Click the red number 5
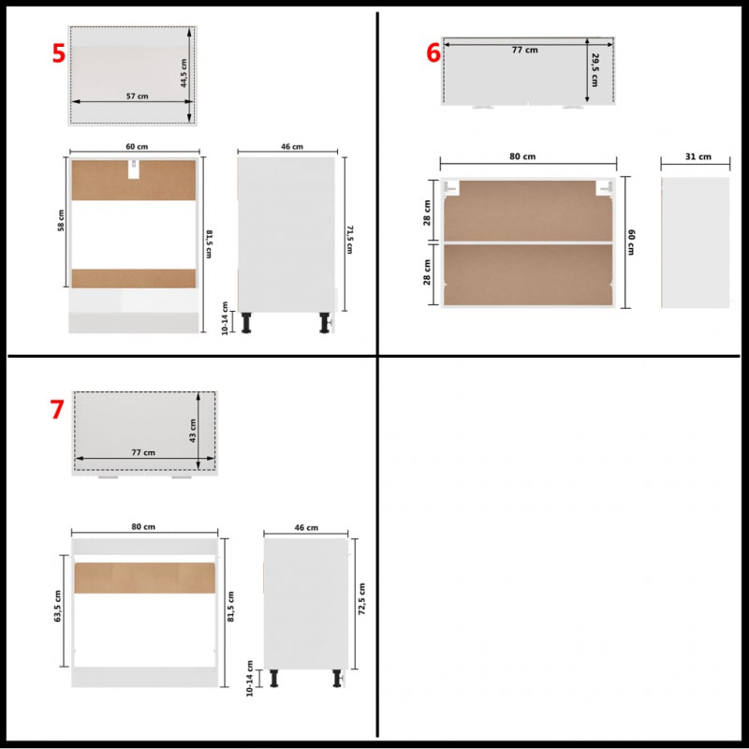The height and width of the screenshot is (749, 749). click(x=58, y=53)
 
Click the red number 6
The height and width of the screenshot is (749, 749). click(x=433, y=52)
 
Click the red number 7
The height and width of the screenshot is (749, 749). click(x=57, y=409)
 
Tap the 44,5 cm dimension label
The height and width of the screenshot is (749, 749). click(x=184, y=73)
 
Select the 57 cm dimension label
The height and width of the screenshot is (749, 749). click(x=137, y=96)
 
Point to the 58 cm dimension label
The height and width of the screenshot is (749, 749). click(x=61, y=220)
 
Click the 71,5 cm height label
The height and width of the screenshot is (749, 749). click(x=349, y=240)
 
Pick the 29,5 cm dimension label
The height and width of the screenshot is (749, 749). click(x=595, y=69)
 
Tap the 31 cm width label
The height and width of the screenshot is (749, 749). click(x=698, y=156)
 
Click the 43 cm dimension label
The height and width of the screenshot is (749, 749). click(x=193, y=431)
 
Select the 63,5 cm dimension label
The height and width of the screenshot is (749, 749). click(x=58, y=606)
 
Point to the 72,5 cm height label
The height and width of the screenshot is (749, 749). click(x=361, y=598)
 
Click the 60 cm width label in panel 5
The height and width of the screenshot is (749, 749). click(x=137, y=147)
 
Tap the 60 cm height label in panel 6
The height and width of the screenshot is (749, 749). click(x=631, y=242)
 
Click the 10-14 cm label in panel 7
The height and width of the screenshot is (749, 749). click(x=249, y=678)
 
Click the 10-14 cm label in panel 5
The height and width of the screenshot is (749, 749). click(x=225, y=318)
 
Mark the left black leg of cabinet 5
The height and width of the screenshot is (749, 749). click(x=246, y=322)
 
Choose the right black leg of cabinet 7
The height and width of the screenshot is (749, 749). click(x=338, y=678)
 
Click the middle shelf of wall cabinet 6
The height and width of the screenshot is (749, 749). click(x=528, y=242)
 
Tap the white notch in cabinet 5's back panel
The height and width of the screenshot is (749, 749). click(x=134, y=169)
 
